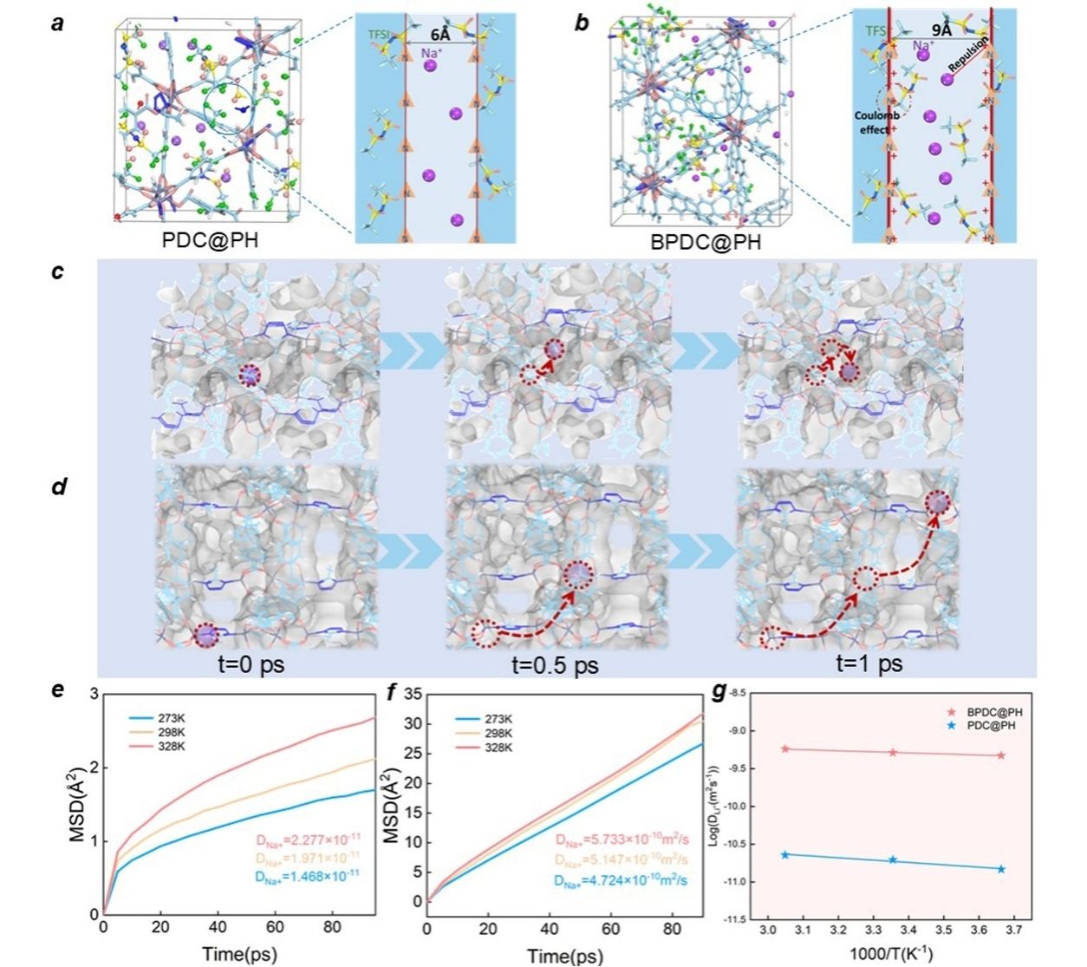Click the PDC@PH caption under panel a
pyautogui.click(x=210, y=239)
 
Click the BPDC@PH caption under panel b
pyautogui.click(x=706, y=241)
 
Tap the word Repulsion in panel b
pyautogui.click(x=967, y=56)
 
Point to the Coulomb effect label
pyautogui.click(x=876, y=122)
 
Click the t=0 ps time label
pyautogui.click(x=251, y=665)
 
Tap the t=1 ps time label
pyautogui.click(x=869, y=663)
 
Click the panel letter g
pyautogui.click(x=719, y=691)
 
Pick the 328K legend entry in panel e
pyautogui.click(x=170, y=746)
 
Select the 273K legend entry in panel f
pyautogui.click(x=497, y=719)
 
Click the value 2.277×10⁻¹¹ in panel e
pyautogui.click(x=308, y=839)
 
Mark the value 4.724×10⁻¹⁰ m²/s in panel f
pyautogui.click(x=622, y=880)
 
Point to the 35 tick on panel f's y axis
pyautogui.click(x=413, y=694)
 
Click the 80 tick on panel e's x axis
pyautogui.click(x=332, y=927)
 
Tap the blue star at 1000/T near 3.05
pyautogui.click(x=785, y=854)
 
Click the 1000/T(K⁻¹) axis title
pyautogui.click(x=890, y=954)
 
